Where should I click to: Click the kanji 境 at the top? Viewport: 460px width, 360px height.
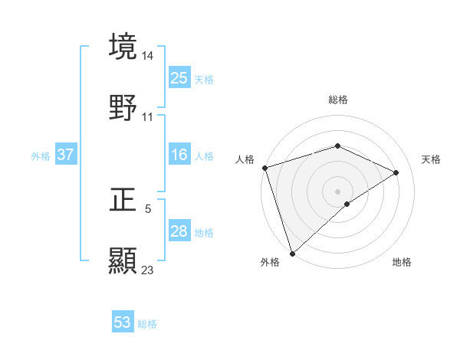[x=123, y=47]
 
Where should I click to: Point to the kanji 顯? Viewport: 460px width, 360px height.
[x=123, y=260]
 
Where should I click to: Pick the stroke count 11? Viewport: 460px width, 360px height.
[x=148, y=117]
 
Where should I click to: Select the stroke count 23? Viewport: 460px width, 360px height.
[x=148, y=270]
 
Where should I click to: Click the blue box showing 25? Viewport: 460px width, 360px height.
[x=179, y=77]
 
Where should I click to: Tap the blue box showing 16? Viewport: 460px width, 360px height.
[x=179, y=155]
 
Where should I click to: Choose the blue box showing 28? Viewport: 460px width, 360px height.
[x=179, y=231]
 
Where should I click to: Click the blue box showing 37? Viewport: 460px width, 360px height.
[x=66, y=155]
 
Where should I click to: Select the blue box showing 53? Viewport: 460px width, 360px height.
[x=123, y=322]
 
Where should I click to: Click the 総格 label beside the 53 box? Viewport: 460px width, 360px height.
[x=147, y=324]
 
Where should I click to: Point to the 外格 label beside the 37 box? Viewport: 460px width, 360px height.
[x=41, y=155]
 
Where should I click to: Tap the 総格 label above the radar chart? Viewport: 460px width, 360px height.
[x=338, y=100]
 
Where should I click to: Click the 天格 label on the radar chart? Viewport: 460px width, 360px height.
[x=432, y=159]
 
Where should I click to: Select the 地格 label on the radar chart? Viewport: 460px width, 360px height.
[x=402, y=262]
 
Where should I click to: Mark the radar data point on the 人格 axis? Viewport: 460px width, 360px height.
[x=264, y=168]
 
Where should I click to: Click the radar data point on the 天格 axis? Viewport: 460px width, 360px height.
[x=396, y=172]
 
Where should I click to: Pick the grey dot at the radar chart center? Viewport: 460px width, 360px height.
[x=338, y=191]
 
